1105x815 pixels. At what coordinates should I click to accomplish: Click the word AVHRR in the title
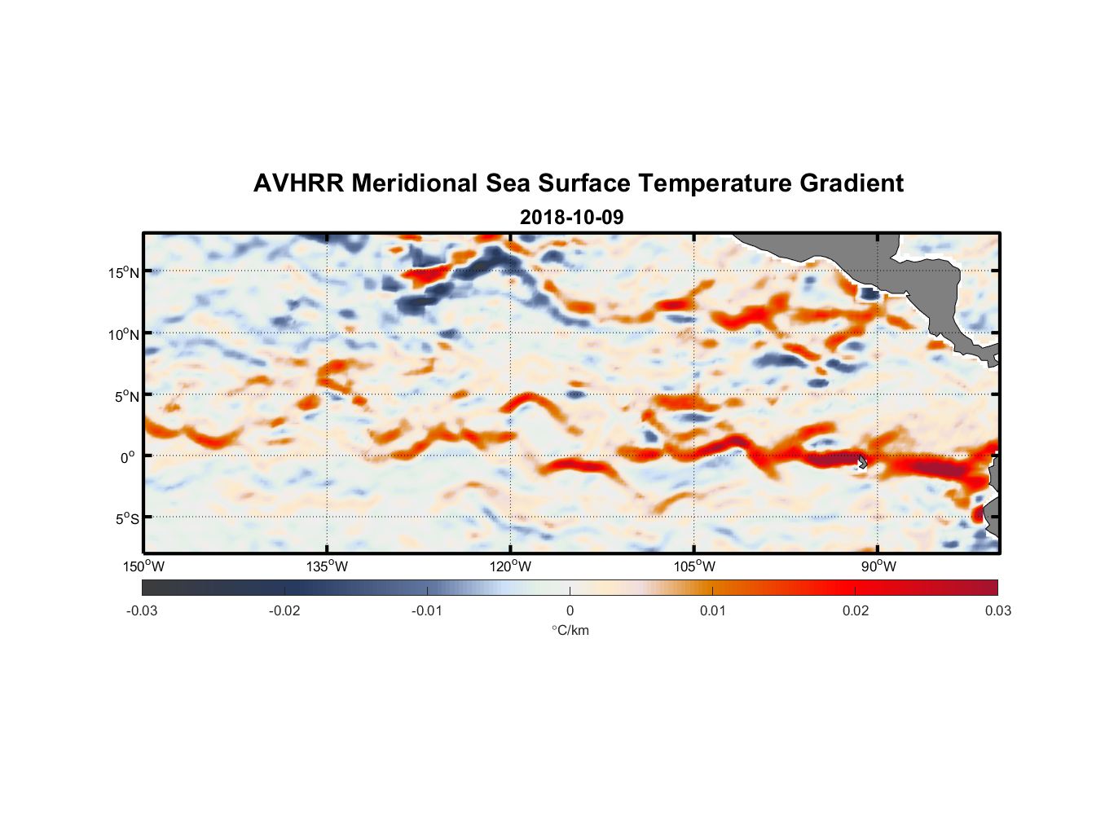pos(297,183)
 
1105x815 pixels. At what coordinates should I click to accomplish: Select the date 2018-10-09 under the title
pos(571,218)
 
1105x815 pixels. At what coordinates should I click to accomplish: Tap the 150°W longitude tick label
pos(143,566)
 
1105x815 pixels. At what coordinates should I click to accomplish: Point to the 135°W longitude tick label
pos(328,566)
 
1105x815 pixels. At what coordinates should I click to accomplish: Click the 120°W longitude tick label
pos(511,566)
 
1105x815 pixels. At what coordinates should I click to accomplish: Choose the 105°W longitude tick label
pos(694,566)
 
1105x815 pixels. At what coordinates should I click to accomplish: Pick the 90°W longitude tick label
pos(878,566)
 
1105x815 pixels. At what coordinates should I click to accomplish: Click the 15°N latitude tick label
pos(123,272)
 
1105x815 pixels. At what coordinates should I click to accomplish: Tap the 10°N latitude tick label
pos(123,334)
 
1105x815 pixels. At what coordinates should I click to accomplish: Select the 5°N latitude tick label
pos(126,396)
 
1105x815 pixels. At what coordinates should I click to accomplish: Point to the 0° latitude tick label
pos(128,457)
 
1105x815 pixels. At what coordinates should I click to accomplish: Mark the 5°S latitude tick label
pos(126,518)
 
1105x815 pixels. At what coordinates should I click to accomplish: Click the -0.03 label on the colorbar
pos(142,610)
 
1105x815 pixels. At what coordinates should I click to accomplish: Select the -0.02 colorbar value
pos(284,610)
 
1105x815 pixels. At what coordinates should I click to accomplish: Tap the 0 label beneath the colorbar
pos(570,610)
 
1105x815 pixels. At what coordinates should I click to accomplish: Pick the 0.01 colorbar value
pos(712,610)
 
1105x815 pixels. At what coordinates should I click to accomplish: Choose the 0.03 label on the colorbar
pos(997,610)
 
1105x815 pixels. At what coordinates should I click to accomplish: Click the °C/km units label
pos(570,630)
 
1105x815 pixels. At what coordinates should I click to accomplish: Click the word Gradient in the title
pos(852,183)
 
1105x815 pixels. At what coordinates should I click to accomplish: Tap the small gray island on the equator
pos(862,461)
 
